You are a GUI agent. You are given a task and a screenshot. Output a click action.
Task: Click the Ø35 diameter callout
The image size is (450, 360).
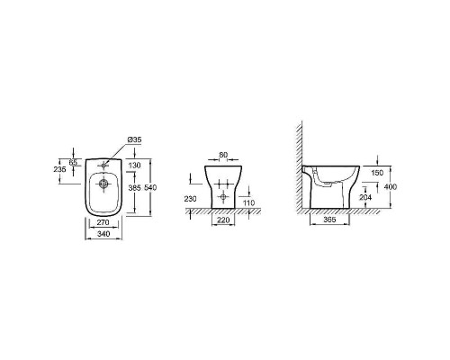pos(134,139)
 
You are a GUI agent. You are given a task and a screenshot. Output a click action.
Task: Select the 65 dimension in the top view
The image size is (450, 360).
pos(73,162)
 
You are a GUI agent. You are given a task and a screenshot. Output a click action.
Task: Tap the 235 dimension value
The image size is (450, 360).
pos(59,169)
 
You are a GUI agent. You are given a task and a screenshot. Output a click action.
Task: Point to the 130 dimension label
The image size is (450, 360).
pos(134,165)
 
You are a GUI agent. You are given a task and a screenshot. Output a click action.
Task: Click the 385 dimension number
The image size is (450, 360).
pos(134,188)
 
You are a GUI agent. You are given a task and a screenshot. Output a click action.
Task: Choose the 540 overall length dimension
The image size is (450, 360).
pos(150,188)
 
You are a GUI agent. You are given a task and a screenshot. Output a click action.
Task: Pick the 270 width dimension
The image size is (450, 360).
pos(103,222)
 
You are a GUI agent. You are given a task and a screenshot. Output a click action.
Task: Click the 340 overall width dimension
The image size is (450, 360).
pos(103,234)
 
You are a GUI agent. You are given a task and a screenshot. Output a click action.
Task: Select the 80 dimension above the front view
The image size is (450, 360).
pos(223,155)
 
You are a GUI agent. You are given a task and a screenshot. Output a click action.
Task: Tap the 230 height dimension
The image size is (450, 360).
pos(191,199)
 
